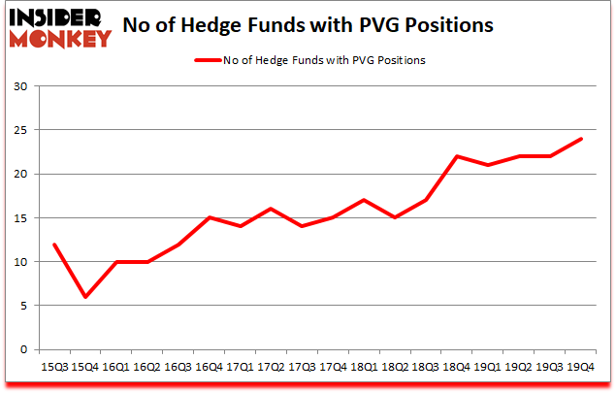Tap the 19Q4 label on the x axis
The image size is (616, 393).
click(x=581, y=368)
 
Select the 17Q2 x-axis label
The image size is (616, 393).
click(x=270, y=368)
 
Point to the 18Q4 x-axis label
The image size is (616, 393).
click(x=457, y=368)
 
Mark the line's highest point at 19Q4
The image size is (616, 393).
click(x=581, y=139)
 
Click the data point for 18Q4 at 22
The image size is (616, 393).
click(x=457, y=156)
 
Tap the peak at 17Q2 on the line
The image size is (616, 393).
click(x=270, y=209)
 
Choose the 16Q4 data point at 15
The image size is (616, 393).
click(x=208, y=217)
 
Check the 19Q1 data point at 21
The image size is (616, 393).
click(x=488, y=165)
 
